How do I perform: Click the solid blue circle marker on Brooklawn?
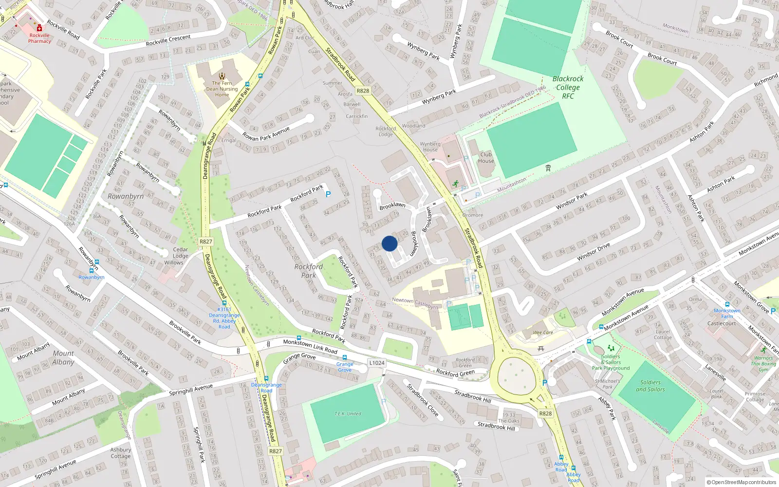pos(389,243)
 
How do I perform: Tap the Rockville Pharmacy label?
pos(39,38)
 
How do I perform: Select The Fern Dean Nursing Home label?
pos(222,89)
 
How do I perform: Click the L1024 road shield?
pos(376,363)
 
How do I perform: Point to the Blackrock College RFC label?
pos(568,87)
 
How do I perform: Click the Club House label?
pos(486,158)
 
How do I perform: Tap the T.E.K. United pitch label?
pos(348,413)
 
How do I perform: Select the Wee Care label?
pos(543,333)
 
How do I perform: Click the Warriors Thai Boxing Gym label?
pos(763,363)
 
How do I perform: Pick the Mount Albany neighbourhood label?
pos(63,357)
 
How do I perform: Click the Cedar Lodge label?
pos(180,253)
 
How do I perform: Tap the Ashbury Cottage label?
pos(120,453)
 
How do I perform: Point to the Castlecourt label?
pos(722,323)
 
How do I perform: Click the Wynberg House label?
pos(430,147)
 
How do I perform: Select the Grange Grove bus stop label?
pos(345,367)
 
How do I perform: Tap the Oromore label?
pos(473,215)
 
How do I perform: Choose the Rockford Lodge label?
pos(386,131)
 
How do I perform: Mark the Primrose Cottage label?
pos(755,396)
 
